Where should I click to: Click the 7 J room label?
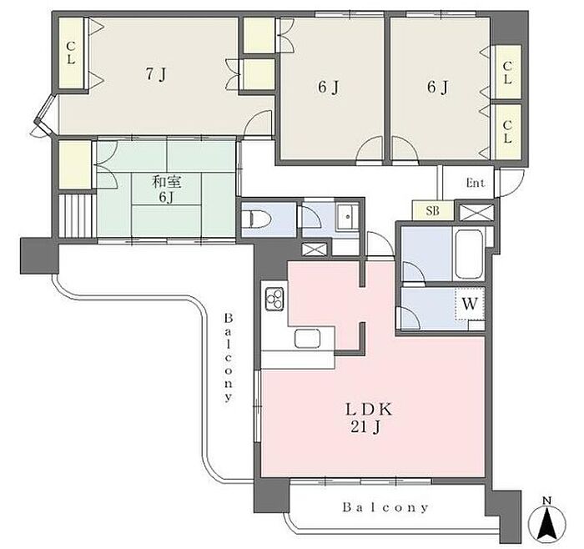click(155, 75)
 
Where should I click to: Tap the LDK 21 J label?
click(369, 418)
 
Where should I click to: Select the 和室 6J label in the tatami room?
click(166, 189)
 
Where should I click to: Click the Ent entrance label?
click(476, 183)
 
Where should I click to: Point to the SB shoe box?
click(432, 211)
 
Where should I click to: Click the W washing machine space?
click(470, 304)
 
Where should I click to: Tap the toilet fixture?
click(257, 219)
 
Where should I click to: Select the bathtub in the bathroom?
click(469, 254)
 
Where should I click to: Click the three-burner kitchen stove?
click(274, 299)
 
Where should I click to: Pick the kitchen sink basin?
click(308, 339)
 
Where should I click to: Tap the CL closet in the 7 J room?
click(71, 53)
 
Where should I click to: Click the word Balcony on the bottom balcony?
click(385, 507)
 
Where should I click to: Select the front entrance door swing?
click(510, 184)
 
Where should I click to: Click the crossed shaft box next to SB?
click(475, 213)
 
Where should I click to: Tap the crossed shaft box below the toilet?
click(315, 249)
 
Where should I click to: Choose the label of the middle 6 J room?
click(329, 88)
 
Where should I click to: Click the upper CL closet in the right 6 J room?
click(507, 72)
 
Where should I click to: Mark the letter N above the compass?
click(546, 501)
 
